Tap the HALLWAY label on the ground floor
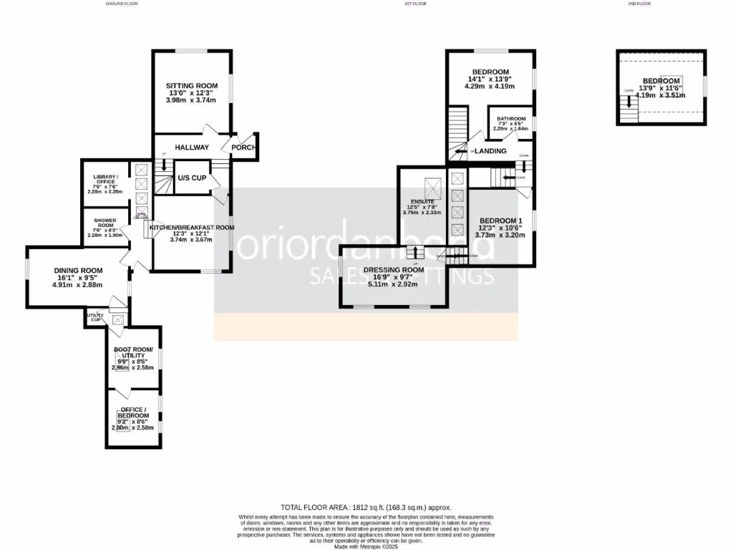[192, 148]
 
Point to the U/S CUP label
[192, 178]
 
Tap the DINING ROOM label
[79, 270]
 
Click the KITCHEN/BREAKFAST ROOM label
[192, 227]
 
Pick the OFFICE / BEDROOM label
[134, 412]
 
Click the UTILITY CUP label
[95, 317]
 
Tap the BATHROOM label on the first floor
[511, 119]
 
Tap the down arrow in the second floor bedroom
[629, 102]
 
